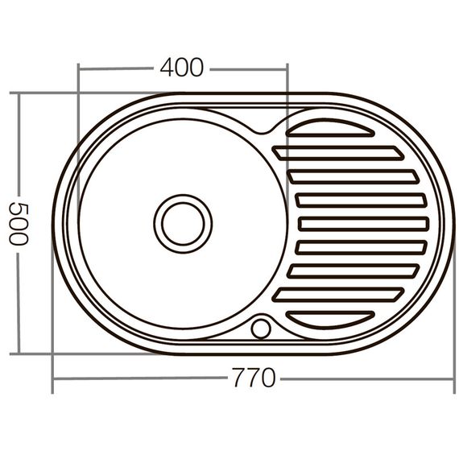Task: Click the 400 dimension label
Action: (181, 68)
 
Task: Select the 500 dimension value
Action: (19, 223)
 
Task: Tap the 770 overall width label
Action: (253, 378)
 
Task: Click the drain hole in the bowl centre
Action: (183, 223)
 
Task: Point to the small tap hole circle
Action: (261, 329)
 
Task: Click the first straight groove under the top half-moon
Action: (338, 153)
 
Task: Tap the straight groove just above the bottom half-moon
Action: (338, 294)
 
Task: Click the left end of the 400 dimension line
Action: (78, 68)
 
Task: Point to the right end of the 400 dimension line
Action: (287, 68)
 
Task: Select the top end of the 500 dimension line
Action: (19, 93)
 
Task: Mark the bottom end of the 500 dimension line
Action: (19, 353)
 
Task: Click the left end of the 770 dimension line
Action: (53, 378)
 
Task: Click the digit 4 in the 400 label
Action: (167, 68)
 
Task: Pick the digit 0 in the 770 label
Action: (267, 378)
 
